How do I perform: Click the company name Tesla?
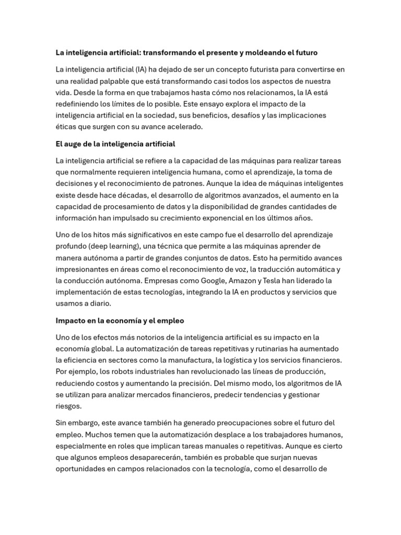(x=279, y=281)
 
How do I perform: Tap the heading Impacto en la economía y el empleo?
(x=120, y=320)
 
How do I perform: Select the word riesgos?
(x=68, y=405)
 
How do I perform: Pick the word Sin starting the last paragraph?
(x=62, y=423)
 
